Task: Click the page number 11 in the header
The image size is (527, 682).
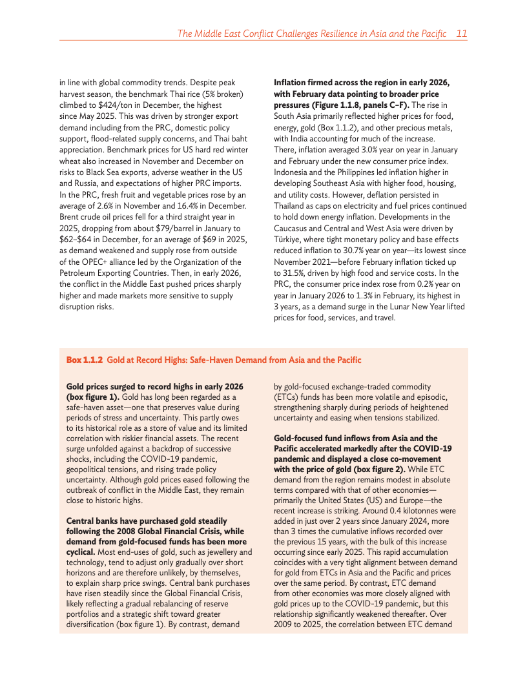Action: (x=461, y=33)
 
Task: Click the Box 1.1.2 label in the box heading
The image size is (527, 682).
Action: (x=84, y=360)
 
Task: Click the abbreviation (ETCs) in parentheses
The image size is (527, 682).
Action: (x=285, y=397)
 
